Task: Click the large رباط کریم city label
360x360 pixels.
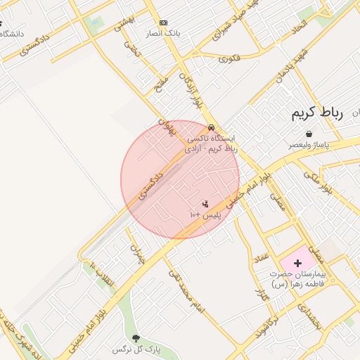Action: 316,114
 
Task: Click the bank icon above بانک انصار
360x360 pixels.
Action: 164,22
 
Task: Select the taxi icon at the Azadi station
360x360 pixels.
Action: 211,128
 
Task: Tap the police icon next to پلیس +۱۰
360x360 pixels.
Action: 205,204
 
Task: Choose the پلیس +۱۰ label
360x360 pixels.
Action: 205,214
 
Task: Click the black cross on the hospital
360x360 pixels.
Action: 297,262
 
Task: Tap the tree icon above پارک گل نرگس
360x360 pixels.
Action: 136,339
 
